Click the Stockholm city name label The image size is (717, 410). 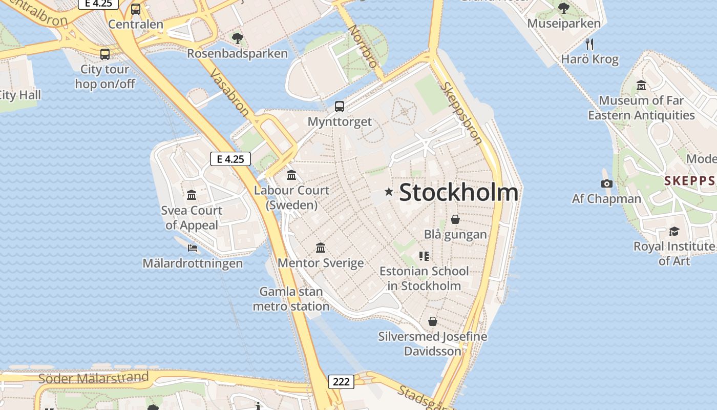[458, 193]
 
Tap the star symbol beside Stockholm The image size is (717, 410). [389, 192]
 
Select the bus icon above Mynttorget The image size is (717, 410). [340, 107]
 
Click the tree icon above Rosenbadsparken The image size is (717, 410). [237, 37]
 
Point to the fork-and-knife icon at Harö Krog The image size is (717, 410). [589, 44]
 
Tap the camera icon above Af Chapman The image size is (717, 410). [606, 183]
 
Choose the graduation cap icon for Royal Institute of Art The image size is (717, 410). [674, 231]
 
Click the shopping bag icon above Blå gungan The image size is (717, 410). [455, 219]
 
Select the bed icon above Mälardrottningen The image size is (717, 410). [193, 248]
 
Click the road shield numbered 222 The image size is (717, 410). [341, 381]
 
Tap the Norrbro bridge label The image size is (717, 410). [363, 47]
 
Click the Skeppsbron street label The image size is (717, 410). [461, 113]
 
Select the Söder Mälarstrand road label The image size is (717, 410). [94, 378]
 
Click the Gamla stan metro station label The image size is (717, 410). [291, 299]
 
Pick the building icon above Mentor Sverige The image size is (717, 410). [321, 248]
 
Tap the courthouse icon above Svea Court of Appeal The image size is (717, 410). [192, 195]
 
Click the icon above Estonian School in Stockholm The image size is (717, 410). [424, 256]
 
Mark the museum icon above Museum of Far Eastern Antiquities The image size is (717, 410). [641, 86]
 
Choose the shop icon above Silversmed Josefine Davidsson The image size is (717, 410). [433, 321]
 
